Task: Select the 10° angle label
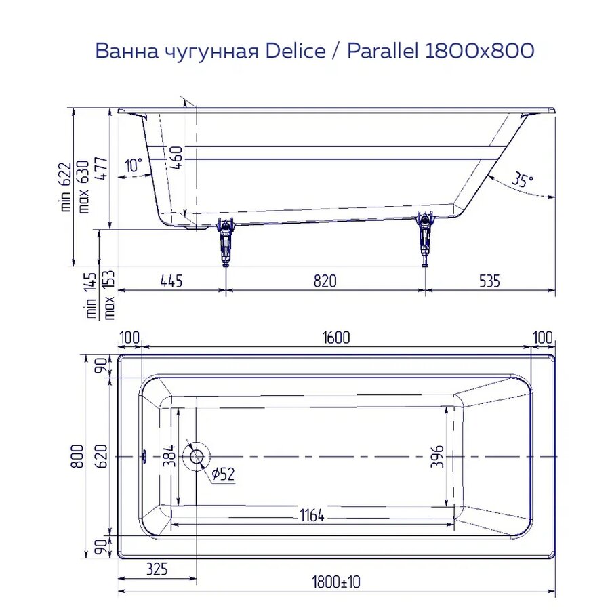click(134, 165)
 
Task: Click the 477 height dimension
click(100, 167)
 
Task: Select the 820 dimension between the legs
click(325, 281)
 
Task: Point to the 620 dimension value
click(100, 456)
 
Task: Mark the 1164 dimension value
click(311, 516)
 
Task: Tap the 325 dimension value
click(155, 568)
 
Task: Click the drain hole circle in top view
click(197, 455)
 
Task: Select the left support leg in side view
click(224, 240)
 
